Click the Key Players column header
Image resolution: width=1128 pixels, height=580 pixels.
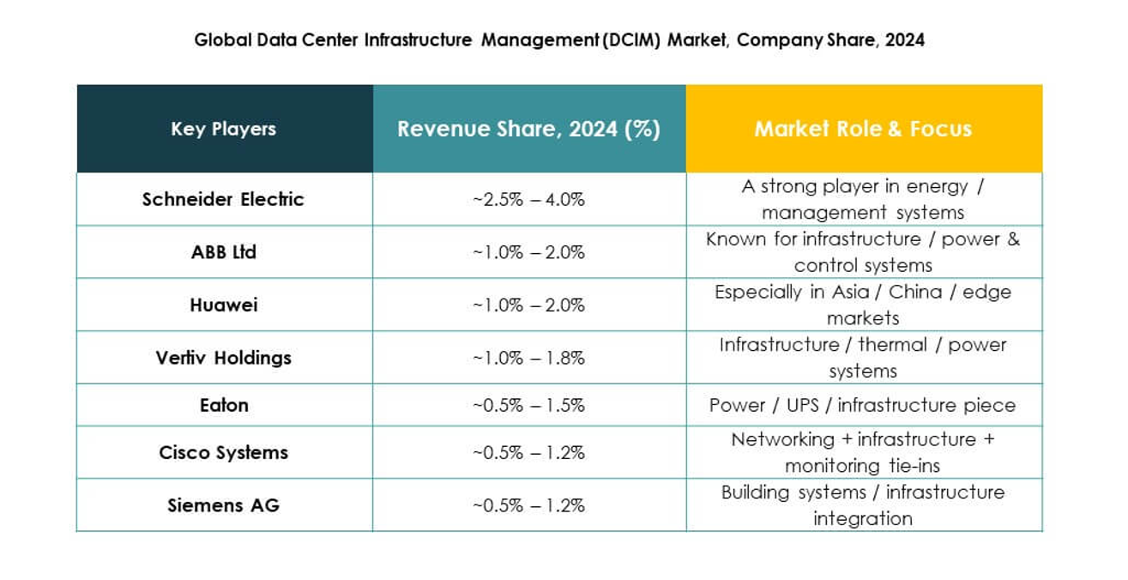pyautogui.click(x=224, y=129)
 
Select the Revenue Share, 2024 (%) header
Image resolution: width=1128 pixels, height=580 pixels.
pyautogui.click(x=528, y=129)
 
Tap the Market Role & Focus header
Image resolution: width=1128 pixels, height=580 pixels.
pyautogui.click(x=863, y=129)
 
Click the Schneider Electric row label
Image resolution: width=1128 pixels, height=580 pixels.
pyautogui.click(x=223, y=199)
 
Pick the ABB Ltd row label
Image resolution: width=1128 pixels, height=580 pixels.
pyautogui.click(x=224, y=252)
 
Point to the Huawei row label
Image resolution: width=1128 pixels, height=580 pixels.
pyautogui.click(x=224, y=305)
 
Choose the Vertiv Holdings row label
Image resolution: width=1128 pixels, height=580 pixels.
pyautogui.click(x=224, y=358)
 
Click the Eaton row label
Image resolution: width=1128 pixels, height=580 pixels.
pyautogui.click(x=224, y=405)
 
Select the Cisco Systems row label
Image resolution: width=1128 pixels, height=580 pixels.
pyautogui.click(x=224, y=452)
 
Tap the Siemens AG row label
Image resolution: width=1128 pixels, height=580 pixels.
pyautogui.click(x=224, y=505)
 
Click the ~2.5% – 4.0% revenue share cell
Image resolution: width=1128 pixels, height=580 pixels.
pyautogui.click(x=528, y=199)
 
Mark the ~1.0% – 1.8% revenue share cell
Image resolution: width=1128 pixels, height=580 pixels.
pyautogui.click(x=528, y=358)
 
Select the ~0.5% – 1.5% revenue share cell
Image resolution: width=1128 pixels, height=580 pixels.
pyautogui.click(x=528, y=405)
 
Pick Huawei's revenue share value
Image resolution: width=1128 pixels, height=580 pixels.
pyautogui.click(x=528, y=305)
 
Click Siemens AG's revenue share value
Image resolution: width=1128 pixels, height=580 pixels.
pyautogui.click(x=528, y=505)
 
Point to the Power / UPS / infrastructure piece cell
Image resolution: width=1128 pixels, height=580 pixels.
pyautogui.click(x=862, y=405)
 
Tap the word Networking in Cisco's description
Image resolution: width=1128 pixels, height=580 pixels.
pyautogui.click(x=781, y=439)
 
